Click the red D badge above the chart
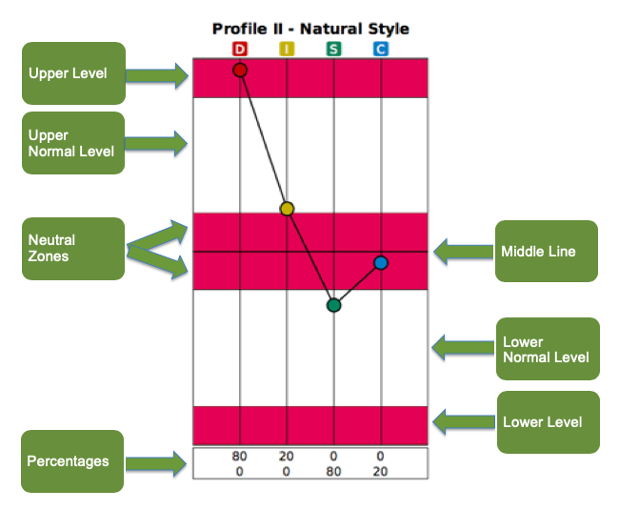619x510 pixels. [x=240, y=48]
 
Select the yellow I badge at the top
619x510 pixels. [x=287, y=48]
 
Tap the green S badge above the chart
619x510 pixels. [x=334, y=48]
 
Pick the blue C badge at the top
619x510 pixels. [x=381, y=48]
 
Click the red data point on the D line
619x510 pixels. [x=240, y=71]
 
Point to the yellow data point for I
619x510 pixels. [x=287, y=209]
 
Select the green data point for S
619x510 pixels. [x=333, y=305]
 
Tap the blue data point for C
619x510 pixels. [x=381, y=262]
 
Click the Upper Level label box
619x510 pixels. [x=73, y=73]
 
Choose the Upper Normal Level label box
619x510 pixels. [x=73, y=143]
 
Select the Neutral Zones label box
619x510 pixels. [x=73, y=249]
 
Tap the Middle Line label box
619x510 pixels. [x=546, y=252]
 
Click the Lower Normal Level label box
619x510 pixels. [x=547, y=349]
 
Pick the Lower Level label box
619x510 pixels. [x=547, y=421]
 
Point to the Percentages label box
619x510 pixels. [x=73, y=461]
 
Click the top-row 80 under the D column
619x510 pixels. [x=240, y=457]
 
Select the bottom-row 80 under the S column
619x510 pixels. [x=334, y=470]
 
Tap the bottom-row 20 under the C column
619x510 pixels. [x=381, y=470]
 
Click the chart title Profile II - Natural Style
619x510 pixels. [x=310, y=29]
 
